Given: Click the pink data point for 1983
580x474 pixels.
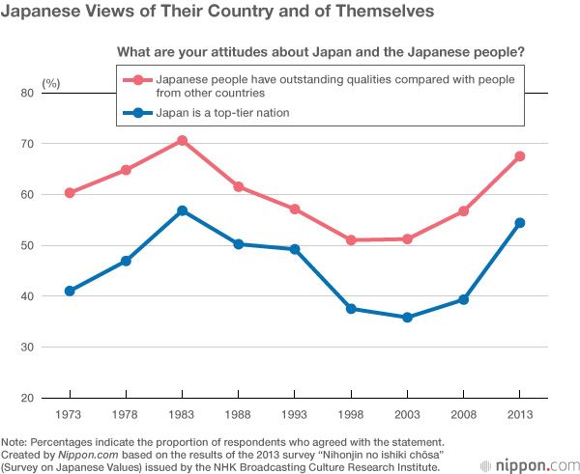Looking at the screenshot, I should coord(182,141).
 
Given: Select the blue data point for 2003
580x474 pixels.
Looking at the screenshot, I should coord(408,318).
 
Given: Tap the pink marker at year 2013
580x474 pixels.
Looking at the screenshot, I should coord(521,156).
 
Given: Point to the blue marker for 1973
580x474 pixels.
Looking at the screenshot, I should coord(70,291).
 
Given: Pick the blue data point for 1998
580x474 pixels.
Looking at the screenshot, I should coord(351,309).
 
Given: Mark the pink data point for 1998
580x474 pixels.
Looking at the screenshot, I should coord(351,240).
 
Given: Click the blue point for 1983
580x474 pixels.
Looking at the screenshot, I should coord(182,210).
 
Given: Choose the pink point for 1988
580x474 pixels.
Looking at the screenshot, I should coord(239,187).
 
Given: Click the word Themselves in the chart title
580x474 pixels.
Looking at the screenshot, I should coord(366,13).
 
